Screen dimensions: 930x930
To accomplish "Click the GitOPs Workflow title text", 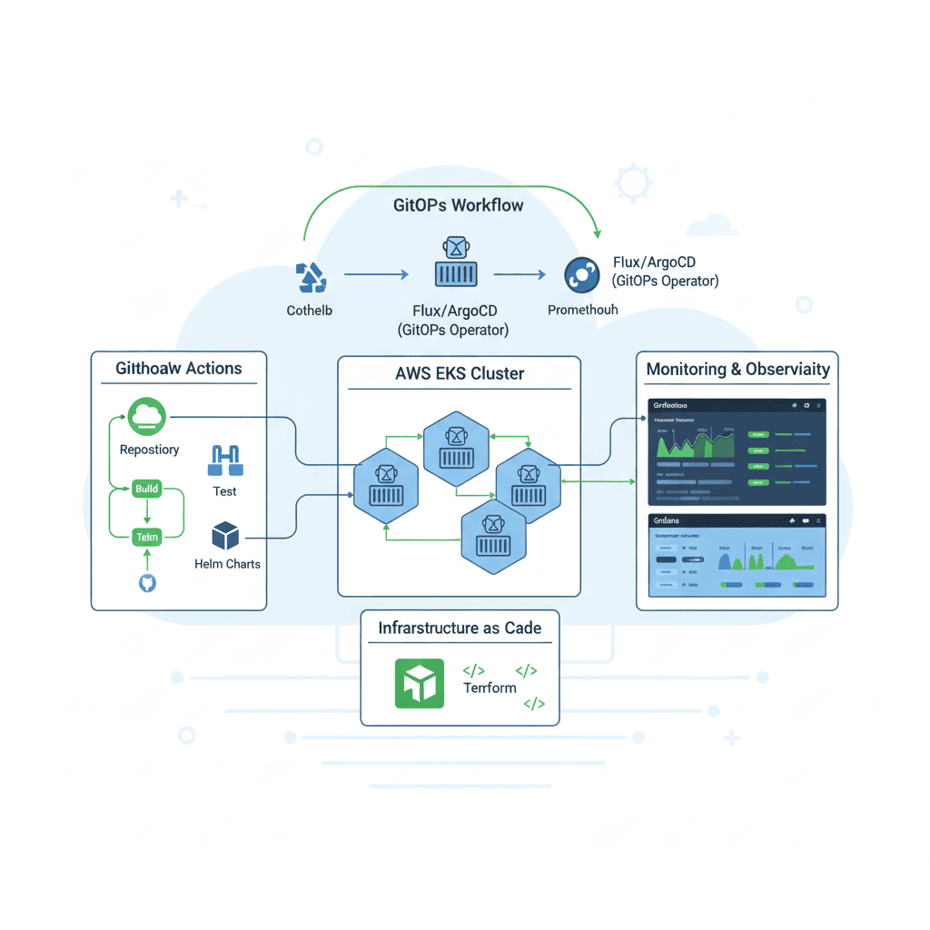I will (459, 205).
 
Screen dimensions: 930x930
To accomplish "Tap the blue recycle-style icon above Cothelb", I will (311, 276).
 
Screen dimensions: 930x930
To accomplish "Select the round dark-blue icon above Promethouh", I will (581, 274).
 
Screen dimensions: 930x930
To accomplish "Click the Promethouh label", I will (582, 310).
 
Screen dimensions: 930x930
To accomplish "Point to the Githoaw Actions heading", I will (179, 369).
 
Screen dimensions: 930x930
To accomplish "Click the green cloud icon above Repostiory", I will (145, 416).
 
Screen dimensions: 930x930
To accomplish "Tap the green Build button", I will (146, 489).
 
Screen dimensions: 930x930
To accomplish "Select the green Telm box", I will (146, 537).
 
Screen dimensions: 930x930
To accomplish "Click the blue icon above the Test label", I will (224, 461).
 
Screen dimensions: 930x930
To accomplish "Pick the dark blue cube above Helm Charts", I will (225, 536).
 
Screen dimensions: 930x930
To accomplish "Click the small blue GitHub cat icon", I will (147, 582).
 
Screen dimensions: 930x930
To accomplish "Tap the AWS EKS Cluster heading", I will (460, 373).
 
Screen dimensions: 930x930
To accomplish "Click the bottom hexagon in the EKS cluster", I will (493, 541).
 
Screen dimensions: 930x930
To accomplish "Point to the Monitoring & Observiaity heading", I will (737, 370).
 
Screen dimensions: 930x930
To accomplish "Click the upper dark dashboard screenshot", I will (737, 451).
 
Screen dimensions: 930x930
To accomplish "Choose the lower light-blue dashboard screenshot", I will (737, 555).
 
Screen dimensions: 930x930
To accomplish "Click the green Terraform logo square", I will (419, 683).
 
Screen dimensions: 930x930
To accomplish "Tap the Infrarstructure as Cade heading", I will (460, 628).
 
